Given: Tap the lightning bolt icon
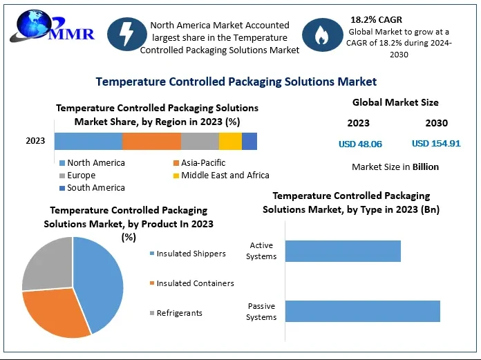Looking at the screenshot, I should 127,37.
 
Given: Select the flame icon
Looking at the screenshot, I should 322,37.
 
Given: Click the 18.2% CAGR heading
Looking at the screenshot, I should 377,19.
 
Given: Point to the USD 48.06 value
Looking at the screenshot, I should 360,144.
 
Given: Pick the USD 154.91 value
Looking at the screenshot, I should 436,144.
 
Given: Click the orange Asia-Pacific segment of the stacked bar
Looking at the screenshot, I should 151,141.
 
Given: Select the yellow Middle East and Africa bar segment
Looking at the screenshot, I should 230,141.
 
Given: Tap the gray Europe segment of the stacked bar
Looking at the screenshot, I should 200,141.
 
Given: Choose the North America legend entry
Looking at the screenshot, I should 95,163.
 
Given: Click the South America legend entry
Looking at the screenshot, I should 95,188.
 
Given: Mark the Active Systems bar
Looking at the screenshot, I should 343,251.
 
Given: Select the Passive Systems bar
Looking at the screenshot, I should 362,311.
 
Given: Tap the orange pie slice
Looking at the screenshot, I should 55,312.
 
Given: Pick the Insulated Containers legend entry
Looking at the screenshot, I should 195,283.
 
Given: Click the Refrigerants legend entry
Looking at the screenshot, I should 179,313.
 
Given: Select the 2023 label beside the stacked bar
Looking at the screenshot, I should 35,141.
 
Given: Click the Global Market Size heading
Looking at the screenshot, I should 395,102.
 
